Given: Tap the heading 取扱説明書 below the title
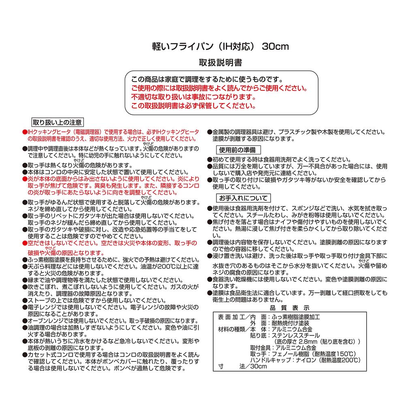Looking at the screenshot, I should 220,63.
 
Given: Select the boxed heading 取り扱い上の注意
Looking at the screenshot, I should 57,122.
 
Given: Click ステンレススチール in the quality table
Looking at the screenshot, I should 296,335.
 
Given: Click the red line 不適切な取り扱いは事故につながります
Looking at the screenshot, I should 193,97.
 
